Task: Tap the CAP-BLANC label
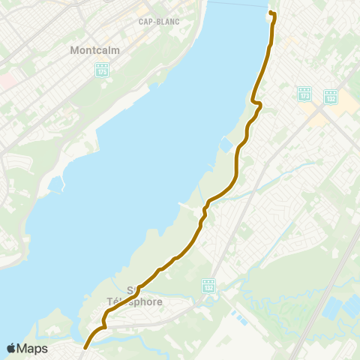click(x=159, y=22)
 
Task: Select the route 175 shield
click(x=102, y=70)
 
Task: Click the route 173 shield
click(x=304, y=94)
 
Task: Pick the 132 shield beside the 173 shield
click(x=331, y=96)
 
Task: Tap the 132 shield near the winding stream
click(x=209, y=286)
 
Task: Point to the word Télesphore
click(x=135, y=302)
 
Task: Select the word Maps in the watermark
click(x=32, y=348)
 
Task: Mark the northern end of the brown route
click(x=271, y=14)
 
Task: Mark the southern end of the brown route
click(x=85, y=347)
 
